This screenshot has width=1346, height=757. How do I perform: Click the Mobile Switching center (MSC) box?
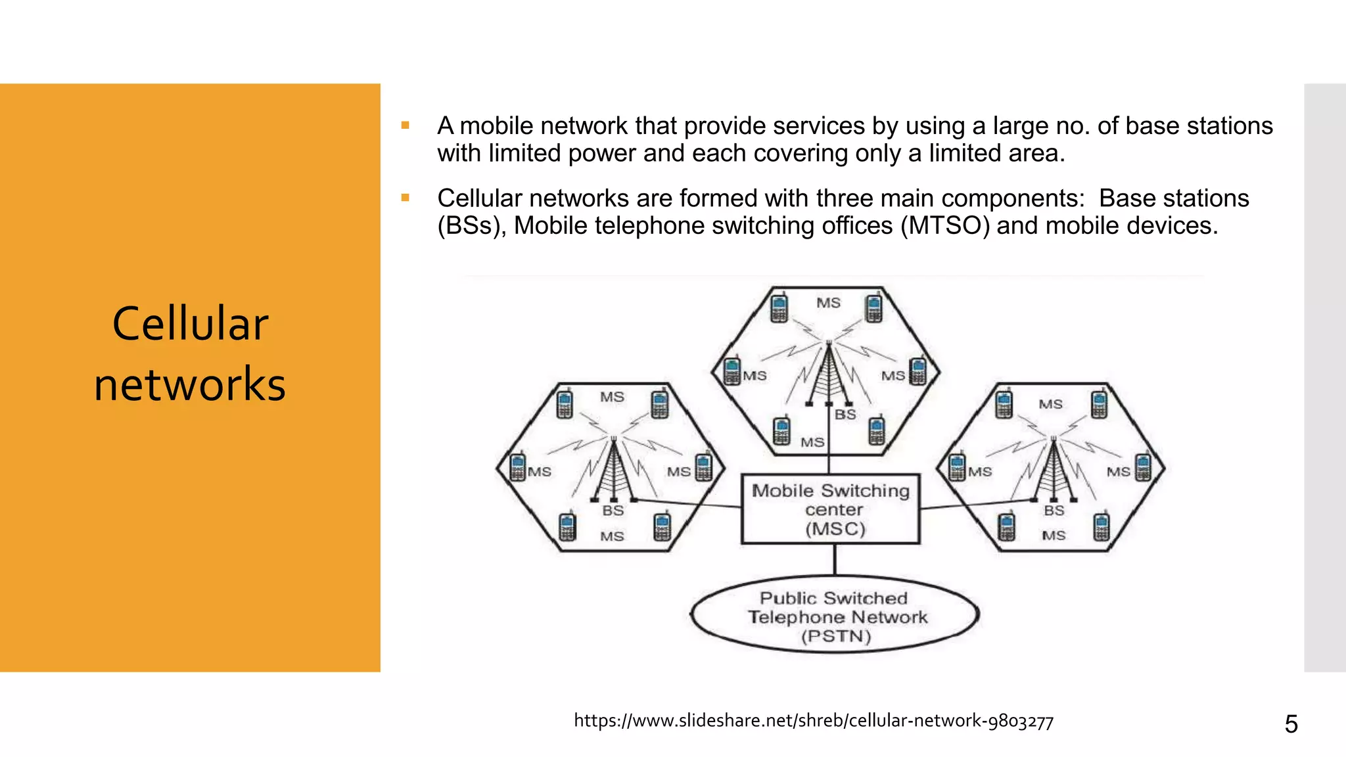click(831, 509)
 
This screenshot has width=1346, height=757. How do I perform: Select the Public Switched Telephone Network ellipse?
click(835, 616)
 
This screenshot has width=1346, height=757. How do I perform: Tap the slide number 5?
click(1291, 724)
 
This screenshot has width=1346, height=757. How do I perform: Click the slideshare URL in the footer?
click(814, 721)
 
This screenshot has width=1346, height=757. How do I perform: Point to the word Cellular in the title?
click(190, 324)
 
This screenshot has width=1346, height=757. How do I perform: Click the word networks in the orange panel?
click(190, 384)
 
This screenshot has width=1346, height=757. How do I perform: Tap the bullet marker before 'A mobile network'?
click(406, 126)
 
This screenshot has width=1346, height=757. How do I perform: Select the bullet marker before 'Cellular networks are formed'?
click(406, 198)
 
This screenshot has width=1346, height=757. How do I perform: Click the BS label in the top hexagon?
click(845, 415)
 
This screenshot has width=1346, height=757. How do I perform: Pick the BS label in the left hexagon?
click(613, 511)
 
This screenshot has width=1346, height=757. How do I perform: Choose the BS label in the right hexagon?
click(1054, 511)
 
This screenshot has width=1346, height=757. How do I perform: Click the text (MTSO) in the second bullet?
click(944, 226)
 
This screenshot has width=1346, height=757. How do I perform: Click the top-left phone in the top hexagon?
click(779, 308)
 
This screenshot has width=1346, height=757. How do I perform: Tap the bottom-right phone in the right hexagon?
click(1102, 526)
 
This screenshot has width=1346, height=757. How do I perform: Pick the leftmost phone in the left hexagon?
click(518, 467)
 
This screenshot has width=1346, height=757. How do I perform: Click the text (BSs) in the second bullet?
click(471, 226)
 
